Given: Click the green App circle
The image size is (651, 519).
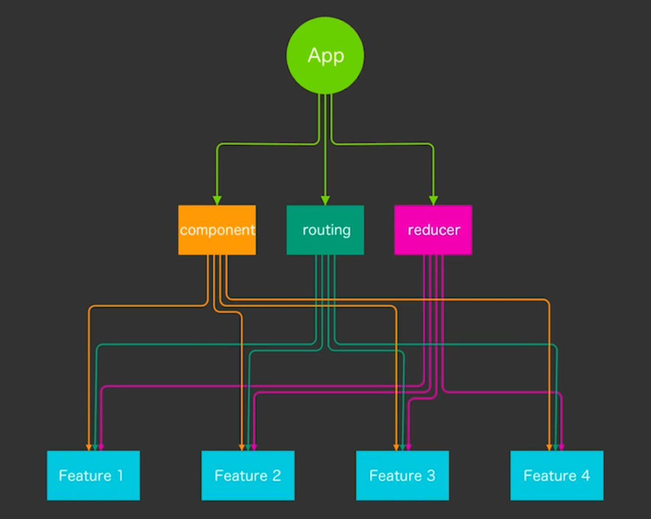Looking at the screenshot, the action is click(x=325, y=56).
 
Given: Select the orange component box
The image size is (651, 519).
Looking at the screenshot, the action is click(x=217, y=230).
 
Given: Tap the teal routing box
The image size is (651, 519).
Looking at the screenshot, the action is click(x=325, y=230).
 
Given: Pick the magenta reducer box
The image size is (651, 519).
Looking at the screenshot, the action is click(x=433, y=230).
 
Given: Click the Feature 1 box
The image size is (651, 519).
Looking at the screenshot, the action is click(x=93, y=475).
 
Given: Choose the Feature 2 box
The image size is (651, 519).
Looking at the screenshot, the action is click(x=248, y=475).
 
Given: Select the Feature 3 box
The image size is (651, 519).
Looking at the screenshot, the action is click(x=402, y=475).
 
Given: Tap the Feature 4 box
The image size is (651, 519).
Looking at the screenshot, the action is click(x=557, y=475).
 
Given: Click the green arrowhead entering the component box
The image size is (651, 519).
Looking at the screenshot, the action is click(x=217, y=201).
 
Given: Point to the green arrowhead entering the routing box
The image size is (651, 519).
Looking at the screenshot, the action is click(x=325, y=201).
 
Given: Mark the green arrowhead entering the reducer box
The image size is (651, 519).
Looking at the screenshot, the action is click(x=434, y=201).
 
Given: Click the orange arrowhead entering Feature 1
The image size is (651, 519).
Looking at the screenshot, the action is click(x=89, y=448).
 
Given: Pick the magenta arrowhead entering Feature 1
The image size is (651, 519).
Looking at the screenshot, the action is click(x=101, y=448).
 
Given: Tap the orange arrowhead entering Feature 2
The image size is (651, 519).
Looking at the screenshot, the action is click(x=242, y=448).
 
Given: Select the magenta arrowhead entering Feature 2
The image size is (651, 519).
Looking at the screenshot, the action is click(x=254, y=448).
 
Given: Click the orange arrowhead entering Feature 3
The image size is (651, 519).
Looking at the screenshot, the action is click(x=396, y=448).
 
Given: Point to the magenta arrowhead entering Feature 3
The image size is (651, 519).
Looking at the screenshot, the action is click(x=409, y=448).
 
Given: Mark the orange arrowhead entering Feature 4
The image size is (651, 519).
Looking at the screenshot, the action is click(x=549, y=448).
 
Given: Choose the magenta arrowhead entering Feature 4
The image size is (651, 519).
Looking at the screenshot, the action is click(x=562, y=448).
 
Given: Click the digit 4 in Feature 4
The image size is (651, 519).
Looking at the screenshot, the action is click(x=585, y=475).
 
